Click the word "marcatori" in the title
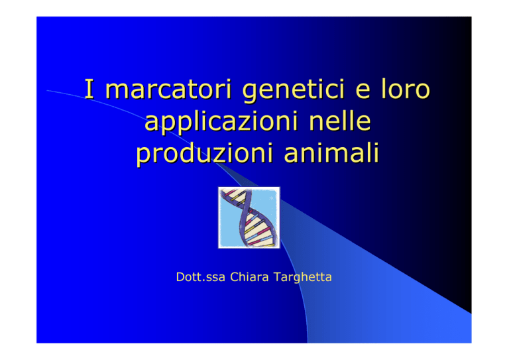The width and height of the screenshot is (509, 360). click(x=168, y=90)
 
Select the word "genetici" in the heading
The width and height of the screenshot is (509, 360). click(x=293, y=91)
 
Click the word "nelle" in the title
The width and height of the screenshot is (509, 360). click(x=340, y=121)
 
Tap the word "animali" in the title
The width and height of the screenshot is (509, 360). click(x=331, y=152)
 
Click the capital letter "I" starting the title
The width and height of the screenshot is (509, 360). click(x=89, y=89)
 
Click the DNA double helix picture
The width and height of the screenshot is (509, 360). click(x=249, y=217)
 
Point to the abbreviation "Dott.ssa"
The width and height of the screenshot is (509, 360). click(x=200, y=277)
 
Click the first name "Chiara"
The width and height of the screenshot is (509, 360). click(x=249, y=277)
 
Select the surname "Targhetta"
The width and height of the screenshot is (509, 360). click(x=302, y=278)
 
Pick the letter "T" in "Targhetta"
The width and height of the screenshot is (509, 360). click(x=278, y=277)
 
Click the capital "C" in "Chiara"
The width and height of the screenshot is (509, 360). click(x=235, y=277)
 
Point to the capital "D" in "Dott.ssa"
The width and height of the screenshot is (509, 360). click(x=180, y=277)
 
